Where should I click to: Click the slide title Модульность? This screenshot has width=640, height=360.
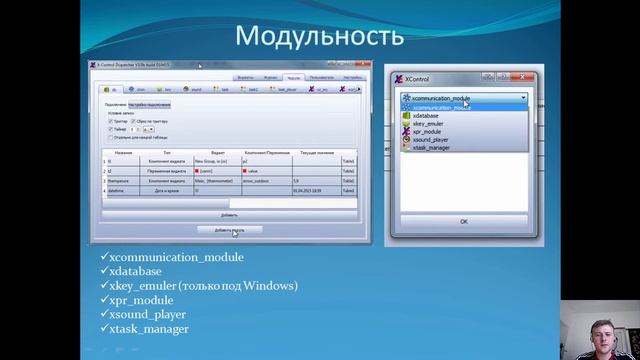click(x=320, y=36)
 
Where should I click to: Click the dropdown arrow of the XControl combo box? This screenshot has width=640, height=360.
click(x=523, y=98)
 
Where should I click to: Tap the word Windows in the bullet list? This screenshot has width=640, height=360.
click(x=262, y=285)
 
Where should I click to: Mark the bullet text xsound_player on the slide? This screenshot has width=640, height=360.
click(x=155, y=313)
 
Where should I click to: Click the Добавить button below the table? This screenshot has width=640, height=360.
click(x=230, y=214)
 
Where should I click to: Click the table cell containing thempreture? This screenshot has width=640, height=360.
click(x=124, y=181)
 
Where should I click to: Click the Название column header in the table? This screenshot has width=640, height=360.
click(x=124, y=153)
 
